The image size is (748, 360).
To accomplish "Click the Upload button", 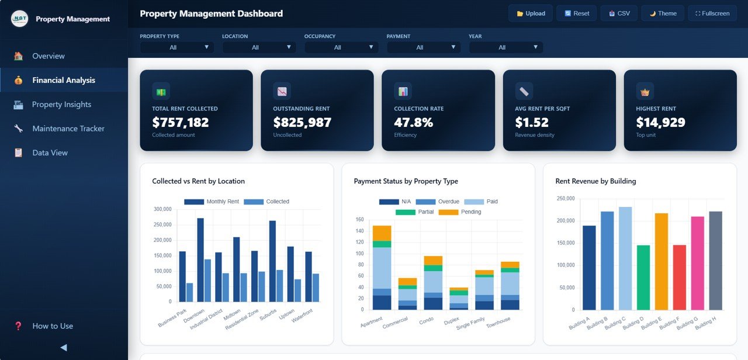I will (531, 13).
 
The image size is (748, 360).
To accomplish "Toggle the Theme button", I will (663, 13).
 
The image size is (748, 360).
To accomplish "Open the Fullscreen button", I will (712, 13).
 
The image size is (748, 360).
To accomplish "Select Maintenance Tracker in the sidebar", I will (68, 129).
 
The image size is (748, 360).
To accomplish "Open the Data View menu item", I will (50, 153).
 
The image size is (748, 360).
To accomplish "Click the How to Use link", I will (53, 326).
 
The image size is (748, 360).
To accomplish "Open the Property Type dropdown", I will (176, 47).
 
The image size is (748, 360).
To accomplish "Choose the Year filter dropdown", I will (505, 47).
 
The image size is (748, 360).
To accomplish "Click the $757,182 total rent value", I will (180, 122).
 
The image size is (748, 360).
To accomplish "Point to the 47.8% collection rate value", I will (413, 122).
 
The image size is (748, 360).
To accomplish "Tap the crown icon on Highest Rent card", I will (645, 91).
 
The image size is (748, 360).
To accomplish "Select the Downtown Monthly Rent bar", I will (200, 259).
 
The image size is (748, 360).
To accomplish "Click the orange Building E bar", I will (662, 261).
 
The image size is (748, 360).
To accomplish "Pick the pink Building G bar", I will (698, 263).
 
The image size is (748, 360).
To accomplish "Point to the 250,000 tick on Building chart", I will (565, 199).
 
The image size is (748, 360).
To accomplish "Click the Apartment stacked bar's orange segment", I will (382, 233).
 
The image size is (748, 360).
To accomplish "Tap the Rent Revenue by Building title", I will (595, 181).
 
